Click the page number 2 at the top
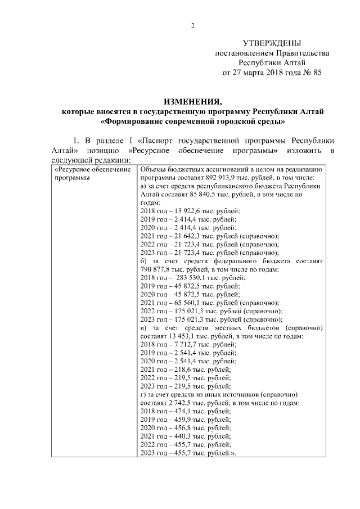click(192, 25)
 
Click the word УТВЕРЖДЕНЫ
click(272, 43)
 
